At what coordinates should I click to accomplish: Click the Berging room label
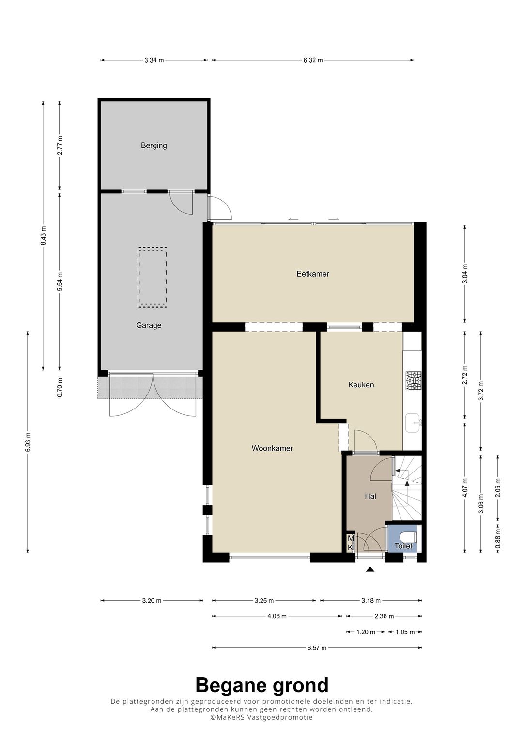pyautogui.click(x=154, y=145)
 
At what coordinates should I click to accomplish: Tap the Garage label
pyautogui.click(x=149, y=325)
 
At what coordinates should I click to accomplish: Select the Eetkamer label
pyautogui.click(x=313, y=274)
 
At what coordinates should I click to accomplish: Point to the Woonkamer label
pyautogui.click(x=272, y=448)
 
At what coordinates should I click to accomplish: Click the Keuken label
pyautogui.click(x=361, y=384)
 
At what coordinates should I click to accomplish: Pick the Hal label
pyautogui.click(x=370, y=496)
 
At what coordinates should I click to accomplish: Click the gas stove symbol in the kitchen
pyautogui.click(x=414, y=380)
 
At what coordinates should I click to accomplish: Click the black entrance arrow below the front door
pyautogui.click(x=370, y=569)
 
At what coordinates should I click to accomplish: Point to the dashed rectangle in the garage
pyautogui.click(x=152, y=277)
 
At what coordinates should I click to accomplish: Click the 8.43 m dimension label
pyautogui.click(x=43, y=235)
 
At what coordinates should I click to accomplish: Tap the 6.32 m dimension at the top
pyautogui.click(x=313, y=60)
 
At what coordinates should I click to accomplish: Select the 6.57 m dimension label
pyautogui.click(x=317, y=648)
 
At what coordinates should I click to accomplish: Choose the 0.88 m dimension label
pyautogui.click(x=498, y=538)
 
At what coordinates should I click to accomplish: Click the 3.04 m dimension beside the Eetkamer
pyautogui.click(x=465, y=273)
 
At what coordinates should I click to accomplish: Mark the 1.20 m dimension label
pyautogui.click(x=366, y=632)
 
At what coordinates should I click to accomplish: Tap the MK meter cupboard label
pyautogui.click(x=350, y=543)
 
